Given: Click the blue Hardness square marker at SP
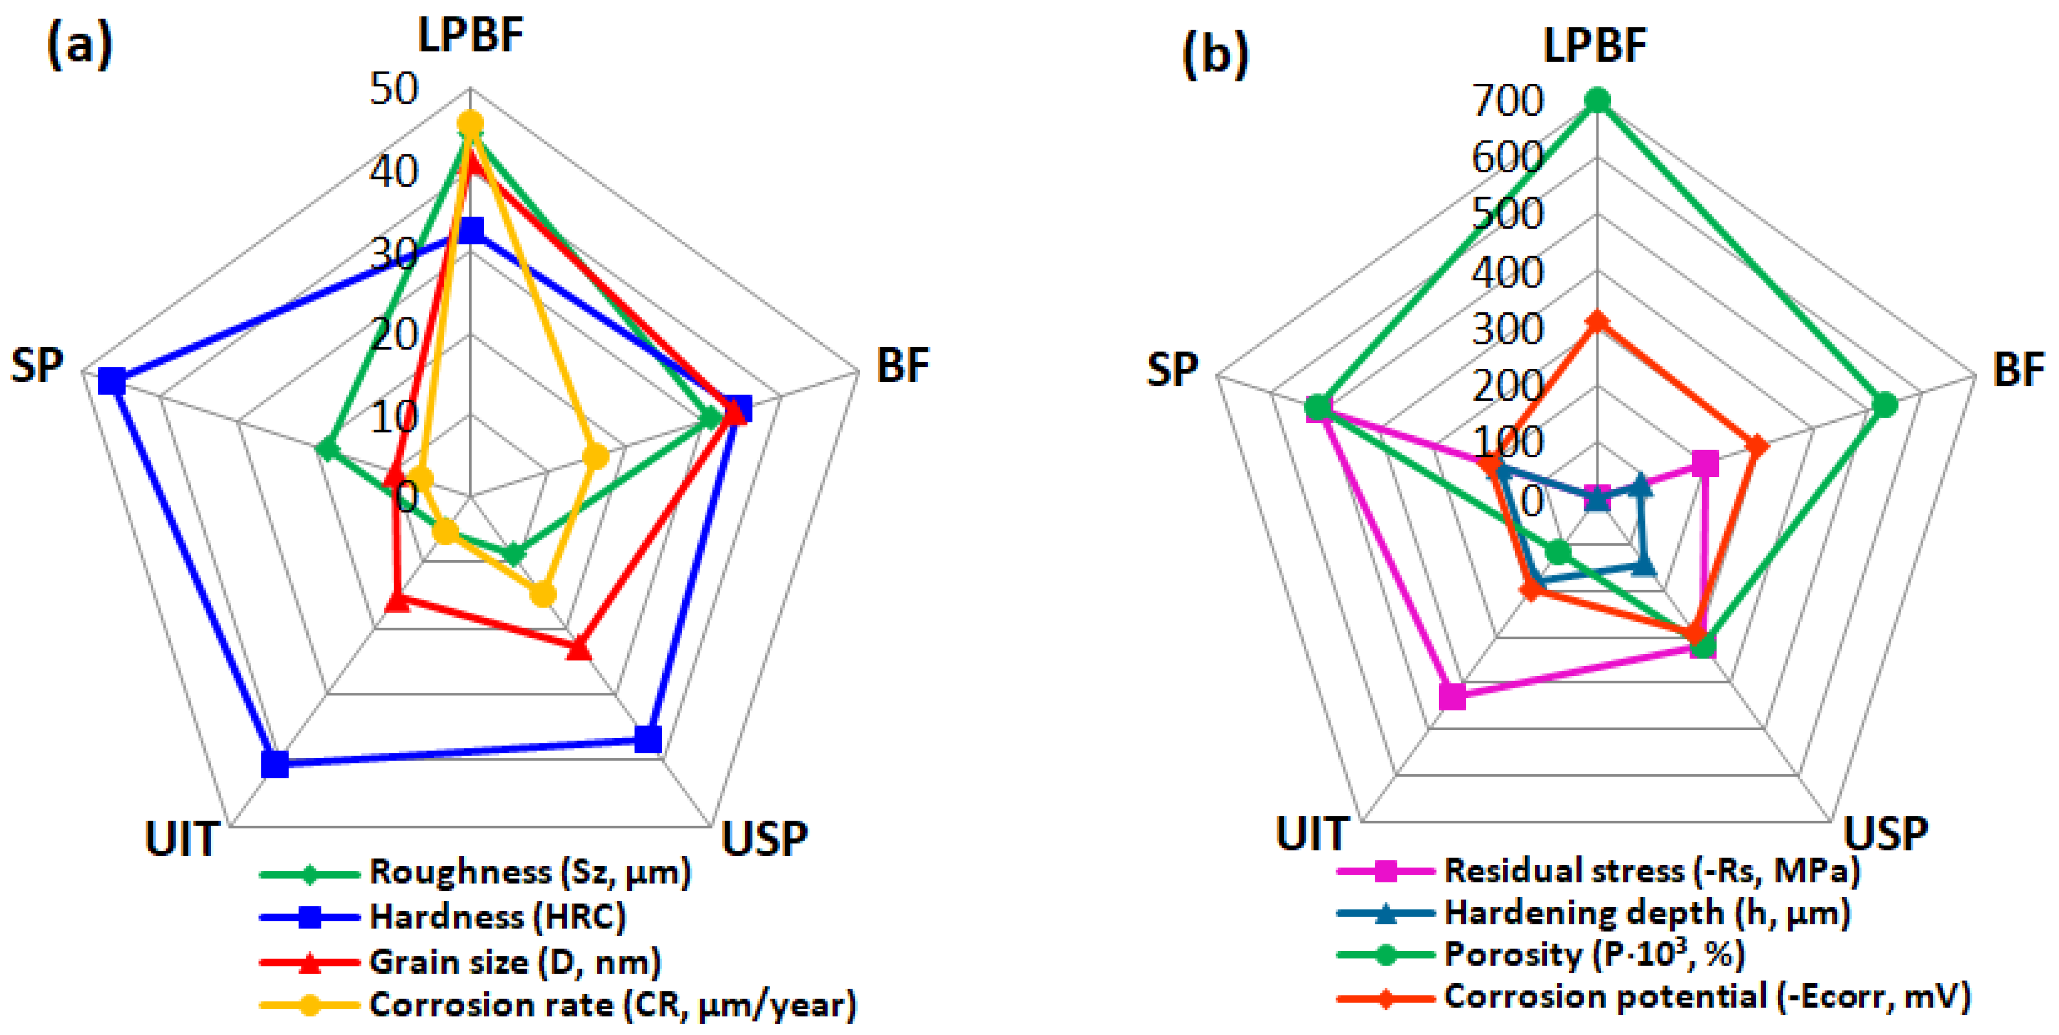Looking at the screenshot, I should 112,382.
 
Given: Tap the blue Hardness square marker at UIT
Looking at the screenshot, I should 275,764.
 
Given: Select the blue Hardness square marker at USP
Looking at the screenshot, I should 648,739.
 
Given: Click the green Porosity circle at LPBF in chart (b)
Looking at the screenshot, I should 1597,101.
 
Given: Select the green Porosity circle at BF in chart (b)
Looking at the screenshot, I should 1885,405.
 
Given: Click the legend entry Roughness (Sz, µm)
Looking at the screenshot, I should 529,872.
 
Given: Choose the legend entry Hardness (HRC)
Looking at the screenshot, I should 497,917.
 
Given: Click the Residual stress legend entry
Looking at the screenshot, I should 1652,870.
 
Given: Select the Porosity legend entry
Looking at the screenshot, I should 1594,954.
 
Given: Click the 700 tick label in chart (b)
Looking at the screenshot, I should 1507,101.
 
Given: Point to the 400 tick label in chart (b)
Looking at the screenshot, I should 1507,273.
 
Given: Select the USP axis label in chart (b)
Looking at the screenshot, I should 1885,833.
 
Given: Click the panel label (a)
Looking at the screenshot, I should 80,46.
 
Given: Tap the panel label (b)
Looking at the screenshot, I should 1215,55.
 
